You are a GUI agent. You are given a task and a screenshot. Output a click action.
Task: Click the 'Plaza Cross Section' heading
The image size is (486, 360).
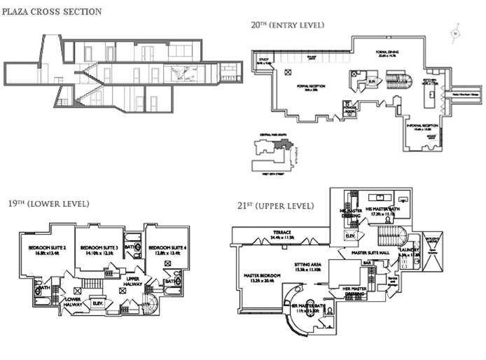click(x=52, y=11)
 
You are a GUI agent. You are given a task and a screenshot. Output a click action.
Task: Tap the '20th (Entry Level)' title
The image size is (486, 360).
click(x=288, y=25)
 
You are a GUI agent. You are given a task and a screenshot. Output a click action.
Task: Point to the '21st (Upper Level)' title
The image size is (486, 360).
click(x=276, y=207)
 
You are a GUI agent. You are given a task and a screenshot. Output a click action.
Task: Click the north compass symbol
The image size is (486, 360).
click(x=456, y=33)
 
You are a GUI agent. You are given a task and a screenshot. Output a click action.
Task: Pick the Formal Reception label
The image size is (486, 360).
click(x=312, y=88)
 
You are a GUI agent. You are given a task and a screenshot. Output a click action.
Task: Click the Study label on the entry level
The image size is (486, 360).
click(x=265, y=60)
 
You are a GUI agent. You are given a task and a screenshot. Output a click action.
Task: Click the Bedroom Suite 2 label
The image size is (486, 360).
click(x=47, y=249)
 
